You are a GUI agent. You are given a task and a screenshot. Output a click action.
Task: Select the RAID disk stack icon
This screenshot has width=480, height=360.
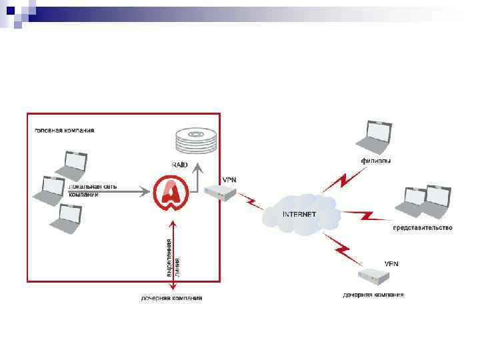[196, 140]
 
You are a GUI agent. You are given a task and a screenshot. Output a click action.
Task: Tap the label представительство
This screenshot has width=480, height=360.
[422, 228]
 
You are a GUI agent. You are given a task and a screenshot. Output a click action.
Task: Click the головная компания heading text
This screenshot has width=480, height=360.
[65, 130]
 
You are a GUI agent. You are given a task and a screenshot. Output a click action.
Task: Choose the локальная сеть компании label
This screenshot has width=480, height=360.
[93, 190]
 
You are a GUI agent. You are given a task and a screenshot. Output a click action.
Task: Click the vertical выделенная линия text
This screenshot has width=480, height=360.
[173, 257]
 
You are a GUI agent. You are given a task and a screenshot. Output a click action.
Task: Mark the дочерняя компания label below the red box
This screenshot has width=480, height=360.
[171, 298]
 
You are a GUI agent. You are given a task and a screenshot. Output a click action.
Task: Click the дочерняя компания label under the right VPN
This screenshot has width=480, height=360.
[373, 294]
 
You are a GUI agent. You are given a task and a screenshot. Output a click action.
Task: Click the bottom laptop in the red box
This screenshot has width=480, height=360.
[67, 219]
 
